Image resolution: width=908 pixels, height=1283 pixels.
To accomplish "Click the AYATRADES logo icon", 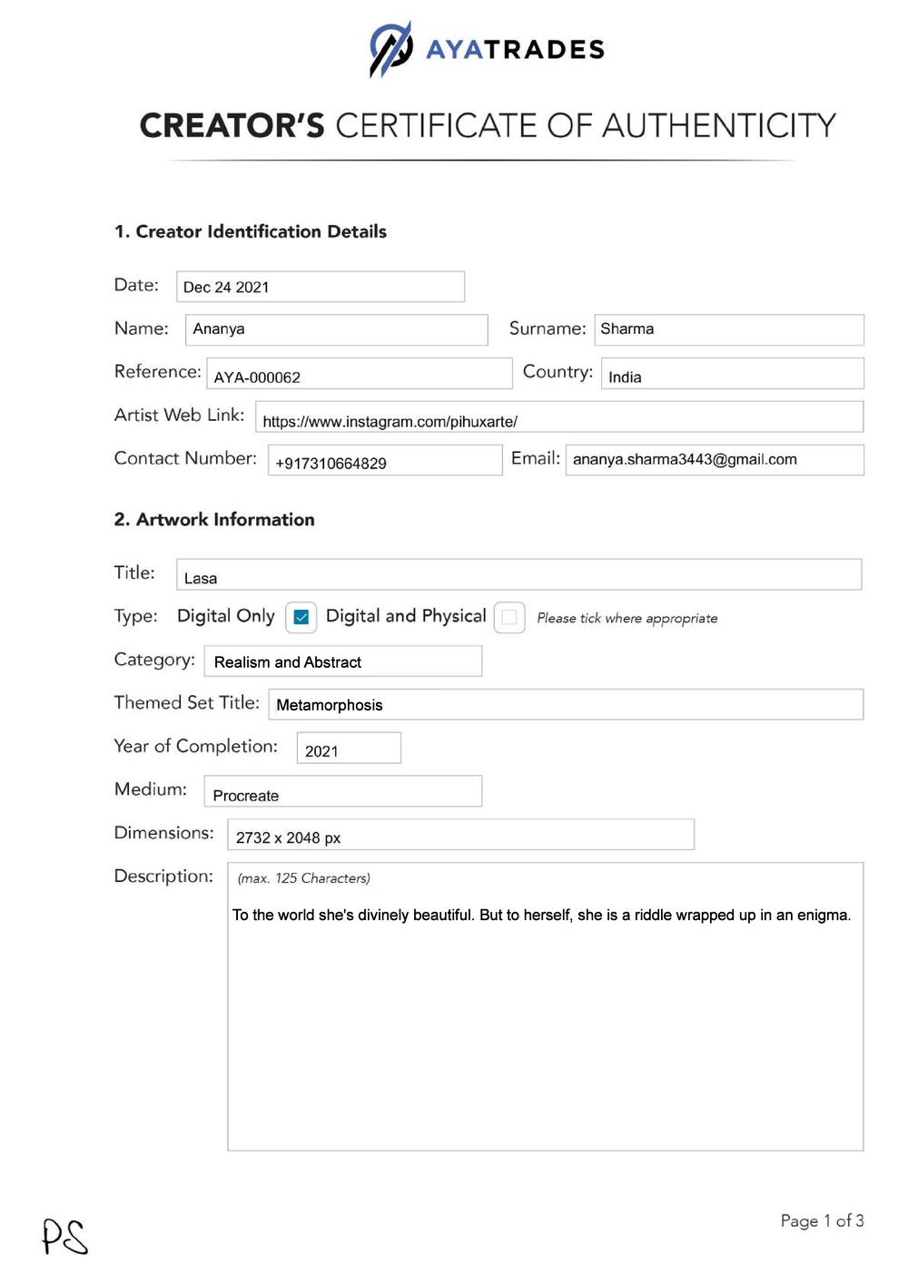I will [390, 49].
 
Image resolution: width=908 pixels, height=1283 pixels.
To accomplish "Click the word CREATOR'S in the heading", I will [232, 125].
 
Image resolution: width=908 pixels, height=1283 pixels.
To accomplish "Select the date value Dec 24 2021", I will [226, 288].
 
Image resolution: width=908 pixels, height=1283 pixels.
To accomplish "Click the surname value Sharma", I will [627, 329].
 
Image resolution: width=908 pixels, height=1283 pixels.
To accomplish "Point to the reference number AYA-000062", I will [257, 377].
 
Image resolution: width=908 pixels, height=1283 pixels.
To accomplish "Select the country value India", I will [625, 377].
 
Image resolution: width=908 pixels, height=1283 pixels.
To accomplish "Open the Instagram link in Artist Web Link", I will [390, 422].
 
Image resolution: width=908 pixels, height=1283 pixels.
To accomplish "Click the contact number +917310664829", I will [331, 464].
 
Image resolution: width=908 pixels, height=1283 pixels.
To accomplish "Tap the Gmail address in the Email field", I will [685, 460].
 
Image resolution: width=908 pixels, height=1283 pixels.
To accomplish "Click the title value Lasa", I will [201, 579].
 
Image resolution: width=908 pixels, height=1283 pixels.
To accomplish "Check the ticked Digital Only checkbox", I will [301, 618].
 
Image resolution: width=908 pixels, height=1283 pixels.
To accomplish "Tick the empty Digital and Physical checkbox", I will [509, 618].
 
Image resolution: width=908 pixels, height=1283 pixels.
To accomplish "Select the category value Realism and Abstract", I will [288, 662].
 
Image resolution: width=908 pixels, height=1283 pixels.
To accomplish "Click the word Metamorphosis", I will [330, 705].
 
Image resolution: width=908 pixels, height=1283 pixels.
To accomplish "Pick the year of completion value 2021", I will [321, 751].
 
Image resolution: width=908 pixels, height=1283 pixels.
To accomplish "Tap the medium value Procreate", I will [246, 796].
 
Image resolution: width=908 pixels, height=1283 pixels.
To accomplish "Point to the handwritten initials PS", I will [65, 1237].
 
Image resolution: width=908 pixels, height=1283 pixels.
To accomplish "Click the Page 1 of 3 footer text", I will [822, 1221].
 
